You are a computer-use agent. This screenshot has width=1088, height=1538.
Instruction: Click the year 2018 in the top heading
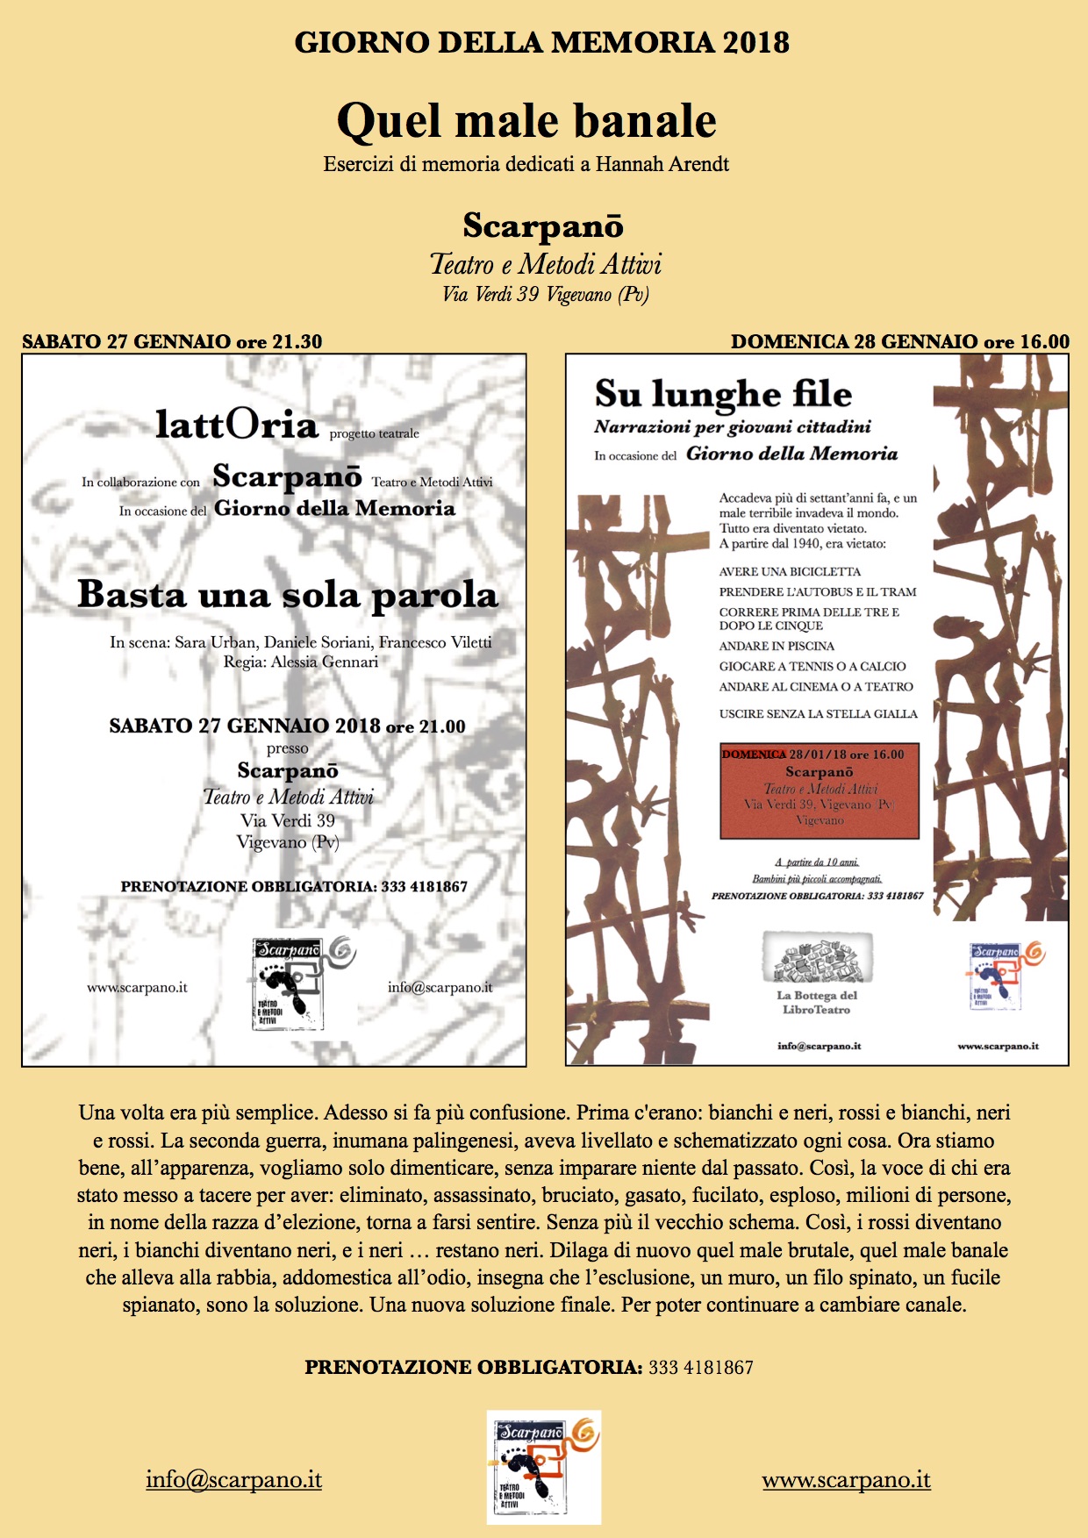755,42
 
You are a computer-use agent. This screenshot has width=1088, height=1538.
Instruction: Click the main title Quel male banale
526,121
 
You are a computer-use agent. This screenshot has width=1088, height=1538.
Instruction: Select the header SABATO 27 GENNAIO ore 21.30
172,342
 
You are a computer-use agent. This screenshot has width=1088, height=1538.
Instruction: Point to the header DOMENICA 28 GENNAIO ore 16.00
900,342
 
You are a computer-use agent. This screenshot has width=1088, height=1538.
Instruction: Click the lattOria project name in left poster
237,426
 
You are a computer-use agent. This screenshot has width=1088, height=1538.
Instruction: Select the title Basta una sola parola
288,595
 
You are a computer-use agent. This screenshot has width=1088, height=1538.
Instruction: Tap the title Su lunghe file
723,394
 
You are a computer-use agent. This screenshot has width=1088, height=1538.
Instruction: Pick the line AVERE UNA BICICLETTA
790,572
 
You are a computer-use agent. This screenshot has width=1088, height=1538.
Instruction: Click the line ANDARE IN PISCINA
777,647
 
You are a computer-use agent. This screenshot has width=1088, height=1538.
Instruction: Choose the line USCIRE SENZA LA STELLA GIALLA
818,714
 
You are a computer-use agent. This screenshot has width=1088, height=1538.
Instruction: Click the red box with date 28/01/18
819,790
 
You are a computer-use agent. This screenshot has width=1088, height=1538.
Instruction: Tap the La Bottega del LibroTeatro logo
817,974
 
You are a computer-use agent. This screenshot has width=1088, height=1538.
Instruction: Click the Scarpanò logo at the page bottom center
544,1467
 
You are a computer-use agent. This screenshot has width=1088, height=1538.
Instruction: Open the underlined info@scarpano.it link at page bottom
234,1480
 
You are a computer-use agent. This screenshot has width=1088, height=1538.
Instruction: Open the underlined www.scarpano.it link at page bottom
846,1480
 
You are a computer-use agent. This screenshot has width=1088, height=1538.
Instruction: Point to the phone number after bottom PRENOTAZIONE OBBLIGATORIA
701,1367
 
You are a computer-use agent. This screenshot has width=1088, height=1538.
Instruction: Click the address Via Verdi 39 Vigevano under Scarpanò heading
545,295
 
